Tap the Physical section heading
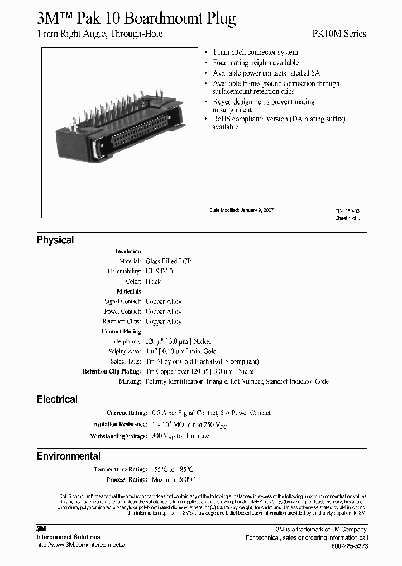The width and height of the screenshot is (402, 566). [x=55, y=240]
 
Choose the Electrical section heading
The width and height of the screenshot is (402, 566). [x=57, y=399]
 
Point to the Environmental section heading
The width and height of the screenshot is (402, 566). [x=69, y=456]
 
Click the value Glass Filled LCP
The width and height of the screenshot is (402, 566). [x=169, y=261]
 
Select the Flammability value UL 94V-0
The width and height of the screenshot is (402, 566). [x=159, y=271]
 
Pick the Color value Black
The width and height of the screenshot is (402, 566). [x=153, y=281]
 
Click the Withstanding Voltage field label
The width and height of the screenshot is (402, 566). [x=118, y=436]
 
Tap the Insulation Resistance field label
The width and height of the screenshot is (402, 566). [x=118, y=424]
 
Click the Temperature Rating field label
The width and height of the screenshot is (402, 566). [x=120, y=470]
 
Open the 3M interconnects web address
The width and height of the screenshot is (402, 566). [x=81, y=545]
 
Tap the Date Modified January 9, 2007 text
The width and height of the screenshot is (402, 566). [x=242, y=210]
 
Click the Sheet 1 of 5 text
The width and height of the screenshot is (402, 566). [x=347, y=218]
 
